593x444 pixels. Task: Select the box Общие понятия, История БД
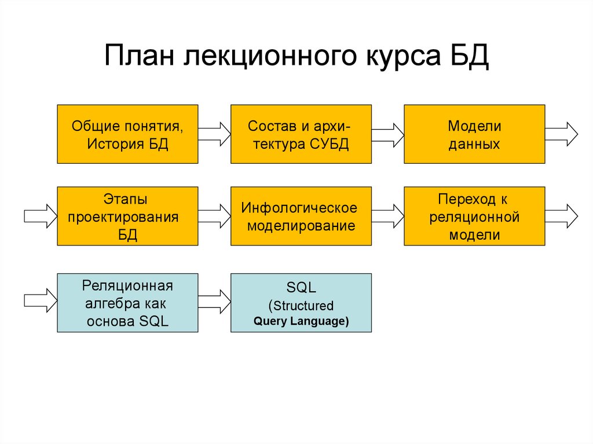[127, 134]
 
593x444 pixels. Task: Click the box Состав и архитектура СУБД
[301, 134]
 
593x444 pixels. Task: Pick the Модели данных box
[474, 134]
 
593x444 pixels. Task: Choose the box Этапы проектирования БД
[127, 216]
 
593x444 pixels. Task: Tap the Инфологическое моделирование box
[301, 216]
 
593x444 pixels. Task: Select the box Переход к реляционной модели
[474, 216]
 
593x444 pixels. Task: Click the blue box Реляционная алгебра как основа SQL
[127, 303]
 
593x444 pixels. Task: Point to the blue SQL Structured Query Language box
[301, 303]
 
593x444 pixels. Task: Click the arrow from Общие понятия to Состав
[214, 134]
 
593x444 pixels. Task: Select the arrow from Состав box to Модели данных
[387, 134]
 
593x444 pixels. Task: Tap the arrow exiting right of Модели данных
[561, 134]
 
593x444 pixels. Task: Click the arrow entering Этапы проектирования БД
[40, 216]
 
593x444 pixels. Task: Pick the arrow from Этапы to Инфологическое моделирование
[214, 216]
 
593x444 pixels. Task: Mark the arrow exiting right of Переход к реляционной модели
[561, 216]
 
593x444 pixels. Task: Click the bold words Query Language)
[301, 321]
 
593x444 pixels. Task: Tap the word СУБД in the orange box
[329, 144]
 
